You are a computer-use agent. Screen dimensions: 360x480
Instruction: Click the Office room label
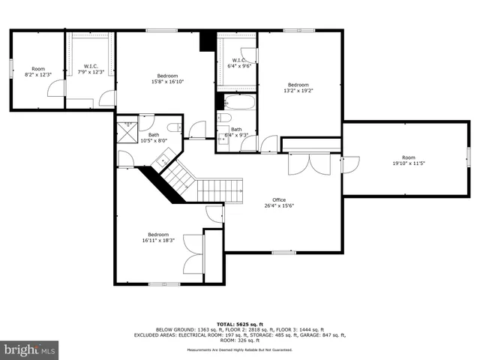click(x=278, y=200)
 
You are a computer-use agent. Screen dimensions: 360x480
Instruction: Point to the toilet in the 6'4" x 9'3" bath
click(x=223, y=118)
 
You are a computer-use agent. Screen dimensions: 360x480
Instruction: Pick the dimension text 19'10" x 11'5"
click(x=408, y=163)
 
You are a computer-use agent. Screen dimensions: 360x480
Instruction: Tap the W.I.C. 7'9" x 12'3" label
click(x=91, y=68)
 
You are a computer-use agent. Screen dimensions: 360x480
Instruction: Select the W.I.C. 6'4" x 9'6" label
click(x=238, y=63)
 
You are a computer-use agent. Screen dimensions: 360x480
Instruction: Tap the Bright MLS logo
click(x=30, y=350)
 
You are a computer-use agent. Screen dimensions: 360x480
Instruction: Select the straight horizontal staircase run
click(x=220, y=190)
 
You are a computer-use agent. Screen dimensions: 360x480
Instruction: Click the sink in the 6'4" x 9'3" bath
click(x=223, y=138)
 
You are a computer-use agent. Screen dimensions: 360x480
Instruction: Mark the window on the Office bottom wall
click(x=283, y=252)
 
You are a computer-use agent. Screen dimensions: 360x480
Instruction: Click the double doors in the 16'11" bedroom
click(x=193, y=256)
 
